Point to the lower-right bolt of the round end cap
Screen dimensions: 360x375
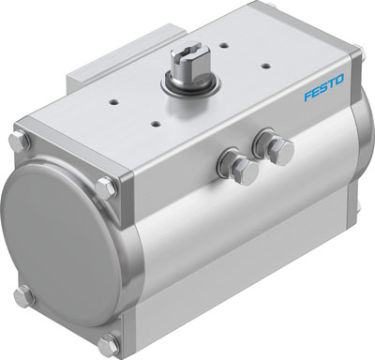[x=111, y=340]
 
